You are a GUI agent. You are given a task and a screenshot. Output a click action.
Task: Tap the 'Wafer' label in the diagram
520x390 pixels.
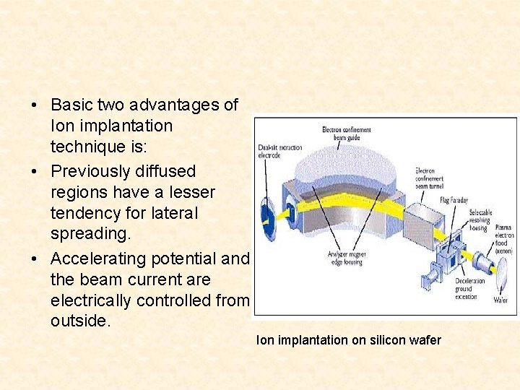click(x=500, y=300)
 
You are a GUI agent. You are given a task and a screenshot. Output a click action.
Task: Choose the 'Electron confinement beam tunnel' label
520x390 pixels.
click(x=430, y=178)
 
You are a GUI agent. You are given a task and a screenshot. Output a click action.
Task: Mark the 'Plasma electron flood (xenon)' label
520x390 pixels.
click(x=503, y=242)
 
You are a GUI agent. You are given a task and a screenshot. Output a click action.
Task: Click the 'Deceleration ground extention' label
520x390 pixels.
click(x=470, y=288)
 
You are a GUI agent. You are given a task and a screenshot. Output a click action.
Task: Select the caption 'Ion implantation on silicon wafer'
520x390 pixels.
click(x=348, y=339)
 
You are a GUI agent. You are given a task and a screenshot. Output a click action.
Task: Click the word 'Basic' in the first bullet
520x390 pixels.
click(x=71, y=105)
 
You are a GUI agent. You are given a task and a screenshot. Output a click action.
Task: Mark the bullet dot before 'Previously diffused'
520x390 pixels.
click(x=35, y=172)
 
